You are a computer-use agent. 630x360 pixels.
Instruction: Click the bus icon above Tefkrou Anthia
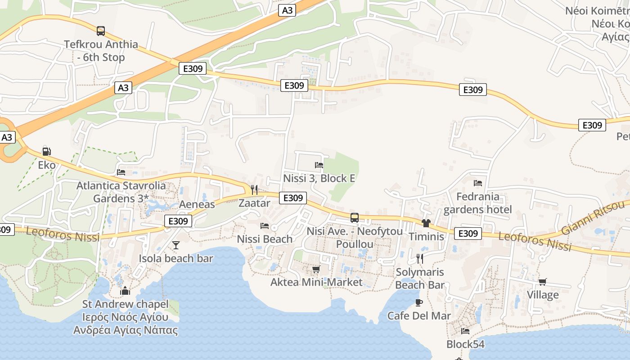[x=101, y=31]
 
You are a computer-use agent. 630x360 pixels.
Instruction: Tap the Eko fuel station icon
[x=46, y=151]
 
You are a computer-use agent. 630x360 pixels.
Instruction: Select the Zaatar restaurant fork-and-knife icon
[x=254, y=189]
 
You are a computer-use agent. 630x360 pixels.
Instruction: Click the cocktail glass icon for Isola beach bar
[x=176, y=245]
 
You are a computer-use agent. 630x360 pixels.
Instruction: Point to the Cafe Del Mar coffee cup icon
[x=418, y=302]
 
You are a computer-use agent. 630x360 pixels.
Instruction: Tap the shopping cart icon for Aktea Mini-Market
[x=316, y=269]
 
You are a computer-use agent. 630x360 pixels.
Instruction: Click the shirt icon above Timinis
[x=426, y=223]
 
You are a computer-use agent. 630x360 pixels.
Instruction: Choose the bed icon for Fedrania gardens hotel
[x=478, y=183]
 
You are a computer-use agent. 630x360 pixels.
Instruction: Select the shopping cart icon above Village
[x=543, y=282]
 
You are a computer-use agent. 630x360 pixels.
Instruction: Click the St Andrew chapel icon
[x=125, y=291]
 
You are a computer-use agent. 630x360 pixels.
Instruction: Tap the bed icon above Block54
[x=465, y=331]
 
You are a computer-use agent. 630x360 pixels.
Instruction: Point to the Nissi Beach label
[x=265, y=239]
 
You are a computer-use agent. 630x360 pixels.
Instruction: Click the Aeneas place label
[x=197, y=204]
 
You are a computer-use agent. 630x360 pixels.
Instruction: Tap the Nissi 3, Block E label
[x=319, y=178]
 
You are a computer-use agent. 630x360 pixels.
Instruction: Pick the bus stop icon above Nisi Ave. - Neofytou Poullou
[x=355, y=218]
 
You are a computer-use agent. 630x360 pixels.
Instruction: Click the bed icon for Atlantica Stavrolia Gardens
[x=121, y=172]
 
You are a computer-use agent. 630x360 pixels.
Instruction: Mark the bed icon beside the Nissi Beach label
[x=265, y=225]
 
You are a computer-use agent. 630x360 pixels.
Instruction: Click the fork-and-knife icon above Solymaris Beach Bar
[x=420, y=258]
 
